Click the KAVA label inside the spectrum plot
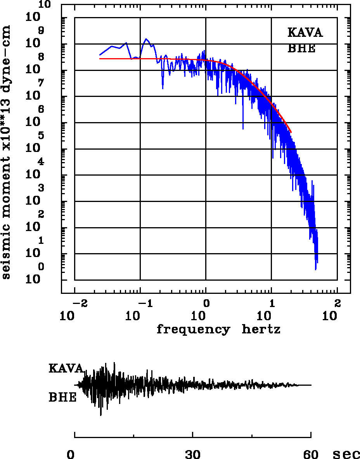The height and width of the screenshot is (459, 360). pos(305,33)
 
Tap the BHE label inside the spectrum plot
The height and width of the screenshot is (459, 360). pos(301,49)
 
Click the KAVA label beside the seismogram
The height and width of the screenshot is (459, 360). pos(66,368)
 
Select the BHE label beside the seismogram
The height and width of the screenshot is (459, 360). pos(62,398)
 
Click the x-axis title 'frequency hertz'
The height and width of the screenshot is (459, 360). pos(218,330)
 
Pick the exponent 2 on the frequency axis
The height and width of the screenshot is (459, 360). pos(337,303)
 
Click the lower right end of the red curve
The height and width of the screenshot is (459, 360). pos(291,132)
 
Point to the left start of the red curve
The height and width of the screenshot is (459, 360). pos(100,59)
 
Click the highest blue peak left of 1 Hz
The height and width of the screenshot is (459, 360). pos(146,39)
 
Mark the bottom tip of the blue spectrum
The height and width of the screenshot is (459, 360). pos(316,269)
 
